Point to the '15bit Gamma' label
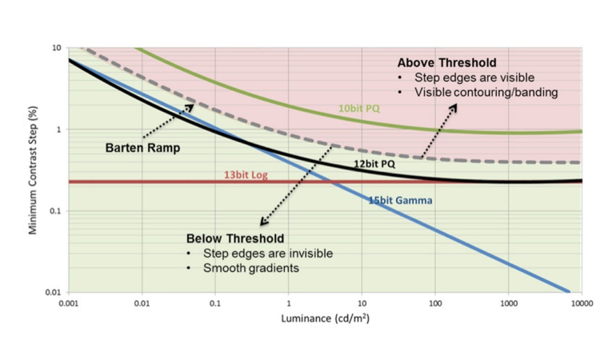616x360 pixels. [x=400, y=200]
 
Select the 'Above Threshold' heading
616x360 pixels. [x=447, y=62]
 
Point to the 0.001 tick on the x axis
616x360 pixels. [x=69, y=304]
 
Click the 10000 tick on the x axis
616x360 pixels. [x=582, y=304]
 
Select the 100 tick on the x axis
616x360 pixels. [x=435, y=304]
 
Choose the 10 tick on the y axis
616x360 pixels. [x=56, y=48]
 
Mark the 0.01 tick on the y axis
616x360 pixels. [x=53, y=293]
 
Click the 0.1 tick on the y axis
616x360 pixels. [x=54, y=211]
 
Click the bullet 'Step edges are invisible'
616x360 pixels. [x=273, y=254]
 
